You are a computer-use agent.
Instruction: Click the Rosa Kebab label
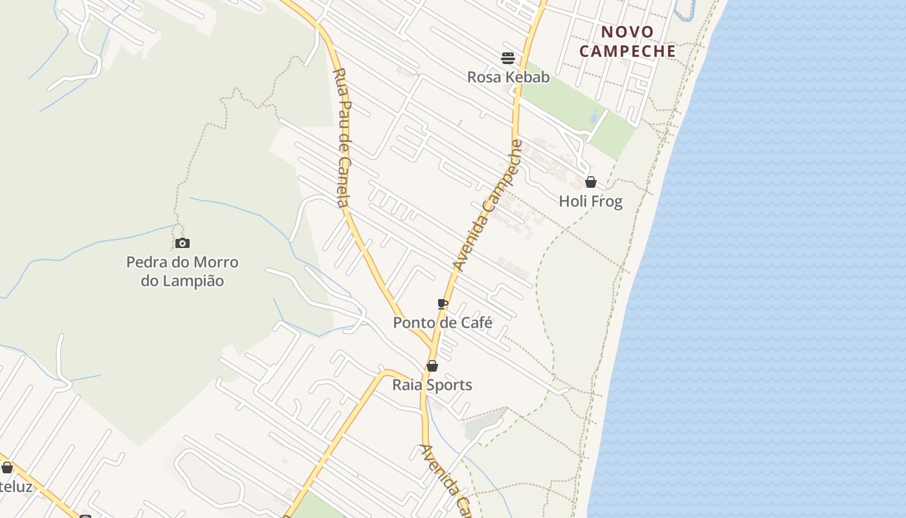pos(508,77)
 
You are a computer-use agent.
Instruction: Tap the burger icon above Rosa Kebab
pos(508,58)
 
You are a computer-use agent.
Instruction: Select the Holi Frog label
pos(590,201)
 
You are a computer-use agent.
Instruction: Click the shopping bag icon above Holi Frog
pos(591,182)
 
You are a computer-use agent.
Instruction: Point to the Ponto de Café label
pos(443,322)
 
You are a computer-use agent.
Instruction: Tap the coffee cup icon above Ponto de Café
pos(443,304)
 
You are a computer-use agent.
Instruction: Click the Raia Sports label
pos(432,385)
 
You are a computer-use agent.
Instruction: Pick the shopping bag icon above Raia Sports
pos(432,366)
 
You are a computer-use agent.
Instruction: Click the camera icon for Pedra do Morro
pos(182,243)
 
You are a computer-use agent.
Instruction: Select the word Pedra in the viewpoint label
pos(146,262)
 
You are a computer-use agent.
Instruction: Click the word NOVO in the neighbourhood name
pos(627,32)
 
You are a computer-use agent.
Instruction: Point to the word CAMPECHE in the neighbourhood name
pos(627,51)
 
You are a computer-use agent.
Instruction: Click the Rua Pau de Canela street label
pos(342,137)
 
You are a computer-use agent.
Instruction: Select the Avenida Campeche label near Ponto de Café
pos(487,205)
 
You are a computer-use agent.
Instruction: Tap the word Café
pos(477,322)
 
